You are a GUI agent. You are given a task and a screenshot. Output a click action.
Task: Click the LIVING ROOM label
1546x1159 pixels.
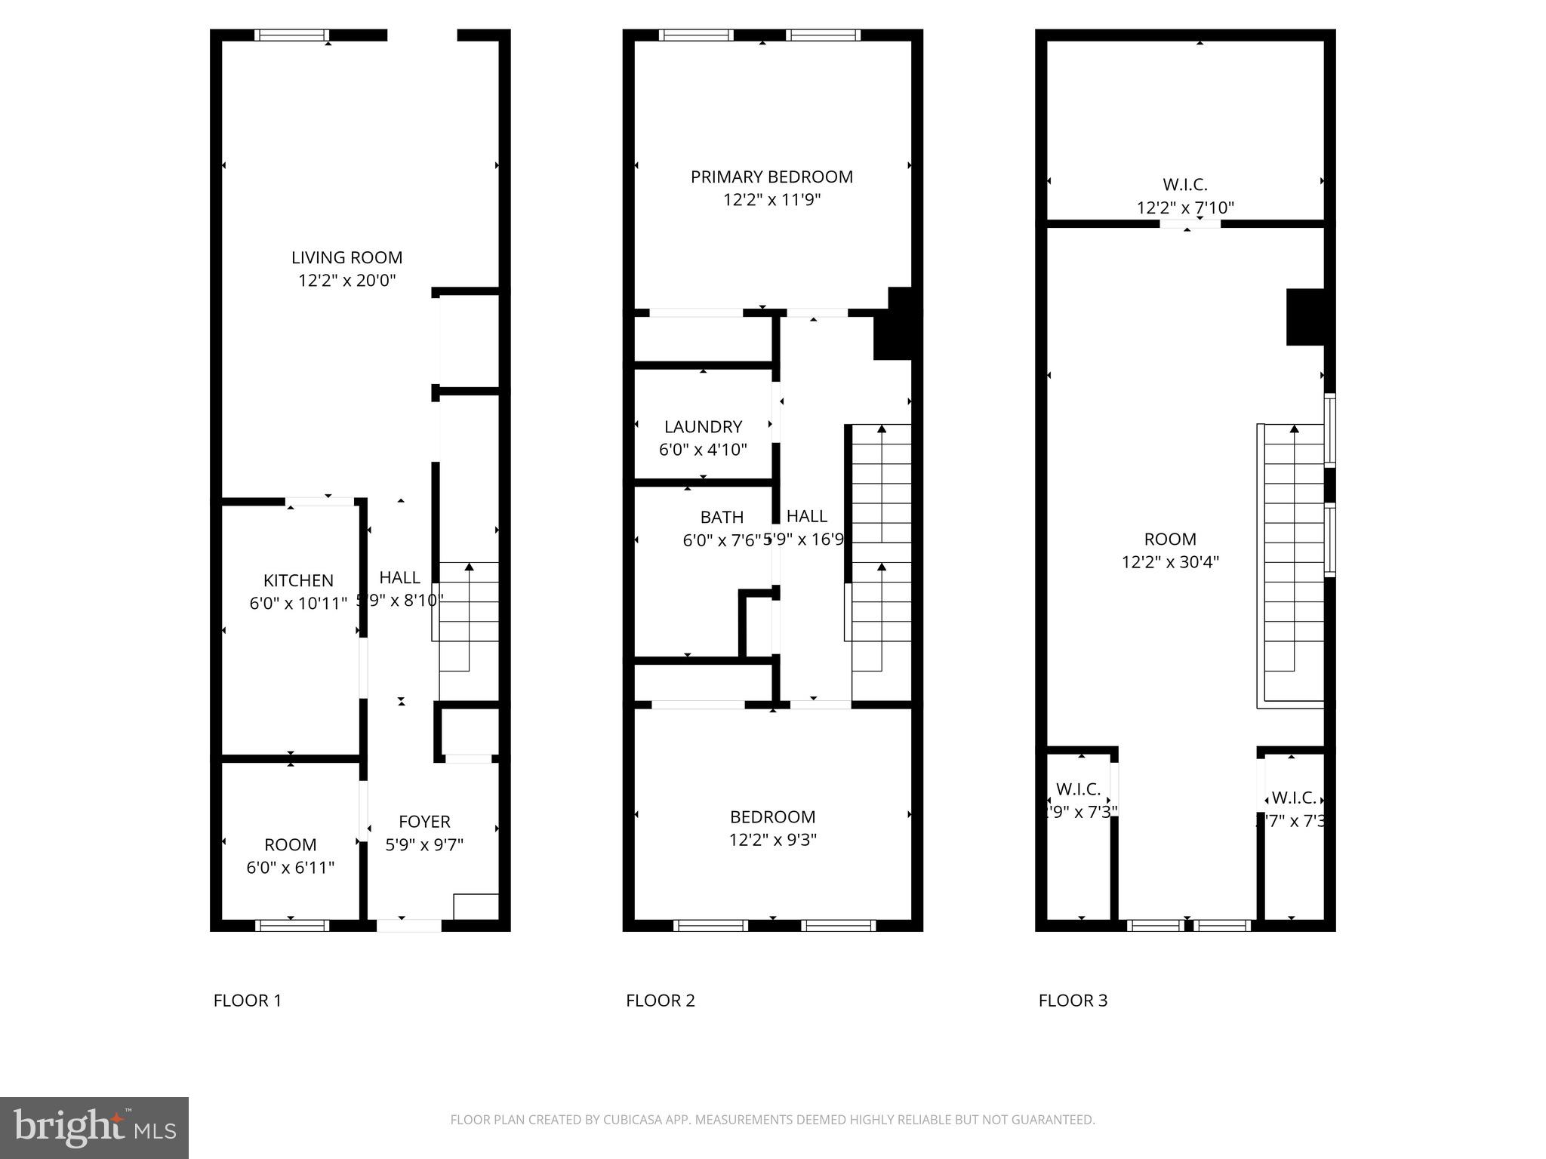(346, 257)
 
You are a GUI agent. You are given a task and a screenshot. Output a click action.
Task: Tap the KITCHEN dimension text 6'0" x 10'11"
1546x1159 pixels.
(298, 604)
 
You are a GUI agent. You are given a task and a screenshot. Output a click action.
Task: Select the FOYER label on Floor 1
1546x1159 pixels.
(424, 822)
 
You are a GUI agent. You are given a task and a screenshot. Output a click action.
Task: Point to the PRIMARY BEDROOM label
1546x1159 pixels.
(771, 177)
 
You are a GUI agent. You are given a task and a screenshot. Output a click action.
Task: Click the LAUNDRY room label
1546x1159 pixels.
(703, 426)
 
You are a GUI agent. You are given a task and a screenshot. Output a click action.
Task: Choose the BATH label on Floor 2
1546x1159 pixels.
(722, 517)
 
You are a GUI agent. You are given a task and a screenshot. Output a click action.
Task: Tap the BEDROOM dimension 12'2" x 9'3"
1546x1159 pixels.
(772, 840)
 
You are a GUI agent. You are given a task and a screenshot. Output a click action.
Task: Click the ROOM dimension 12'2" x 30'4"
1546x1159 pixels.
(1170, 562)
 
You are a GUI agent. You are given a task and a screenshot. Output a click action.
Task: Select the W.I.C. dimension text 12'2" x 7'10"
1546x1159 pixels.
(1185, 208)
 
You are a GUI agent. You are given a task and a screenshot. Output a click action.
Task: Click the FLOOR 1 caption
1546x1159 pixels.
(247, 1001)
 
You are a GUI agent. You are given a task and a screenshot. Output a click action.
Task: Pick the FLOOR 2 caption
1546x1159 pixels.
(660, 1001)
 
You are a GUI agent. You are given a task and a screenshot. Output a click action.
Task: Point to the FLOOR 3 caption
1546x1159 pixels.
(1073, 1001)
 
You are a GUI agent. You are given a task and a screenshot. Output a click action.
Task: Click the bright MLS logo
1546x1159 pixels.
(94, 1128)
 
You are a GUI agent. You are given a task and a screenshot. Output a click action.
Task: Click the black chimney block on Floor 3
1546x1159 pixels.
(1305, 317)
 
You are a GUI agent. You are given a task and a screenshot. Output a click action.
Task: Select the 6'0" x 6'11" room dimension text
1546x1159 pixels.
(290, 868)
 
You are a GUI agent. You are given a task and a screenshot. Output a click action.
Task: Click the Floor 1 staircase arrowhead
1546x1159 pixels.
(470, 566)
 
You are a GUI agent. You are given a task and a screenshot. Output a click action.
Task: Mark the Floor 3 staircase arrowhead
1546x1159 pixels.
(1294, 429)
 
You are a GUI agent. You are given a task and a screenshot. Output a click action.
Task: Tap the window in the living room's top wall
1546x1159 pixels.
(291, 35)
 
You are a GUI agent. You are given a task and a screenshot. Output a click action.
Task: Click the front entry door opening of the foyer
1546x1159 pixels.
(408, 925)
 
